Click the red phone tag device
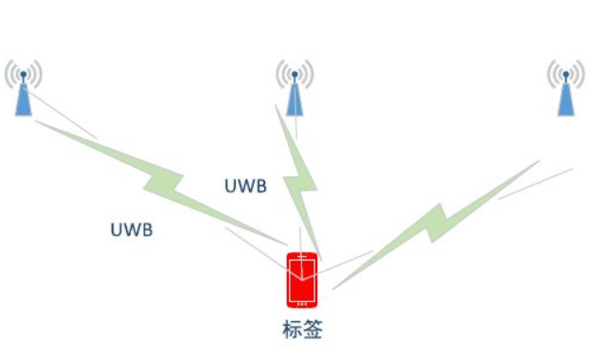[x=302, y=279]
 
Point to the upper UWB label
[x=245, y=186]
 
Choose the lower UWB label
[x=132, y=229]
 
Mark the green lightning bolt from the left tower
[x=161, y=175]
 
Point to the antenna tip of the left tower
[x=23, y=72]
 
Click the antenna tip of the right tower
[x=566, y=72]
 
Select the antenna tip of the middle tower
[x=294, y=72]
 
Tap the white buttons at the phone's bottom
[x=302, y=303]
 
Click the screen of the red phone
[x=302, y=278]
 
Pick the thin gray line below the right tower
[x=535, y=184]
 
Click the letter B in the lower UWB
[x=148, y=229]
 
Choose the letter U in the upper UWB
[x=230, y=186]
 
